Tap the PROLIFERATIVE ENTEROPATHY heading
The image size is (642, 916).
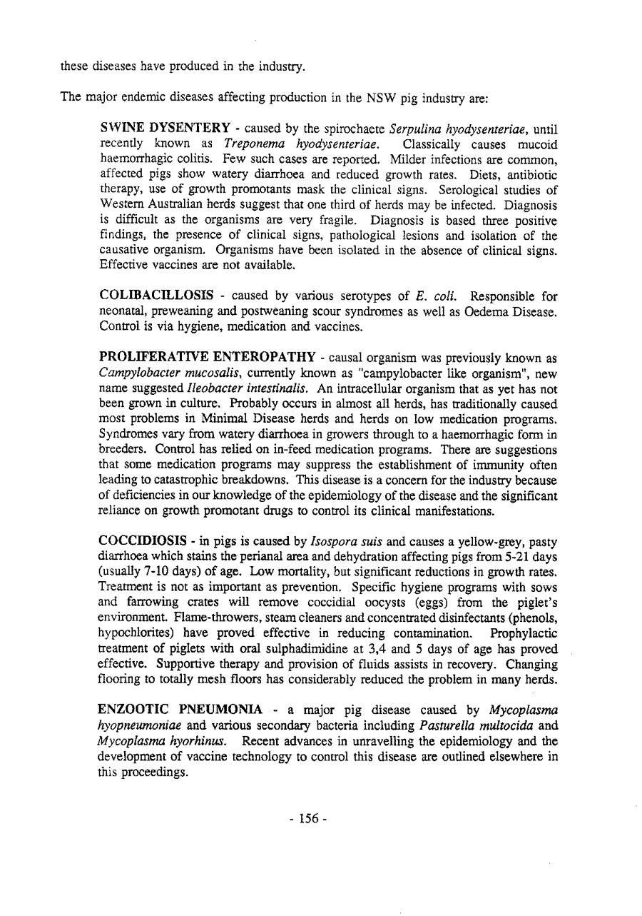pos(203,355)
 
